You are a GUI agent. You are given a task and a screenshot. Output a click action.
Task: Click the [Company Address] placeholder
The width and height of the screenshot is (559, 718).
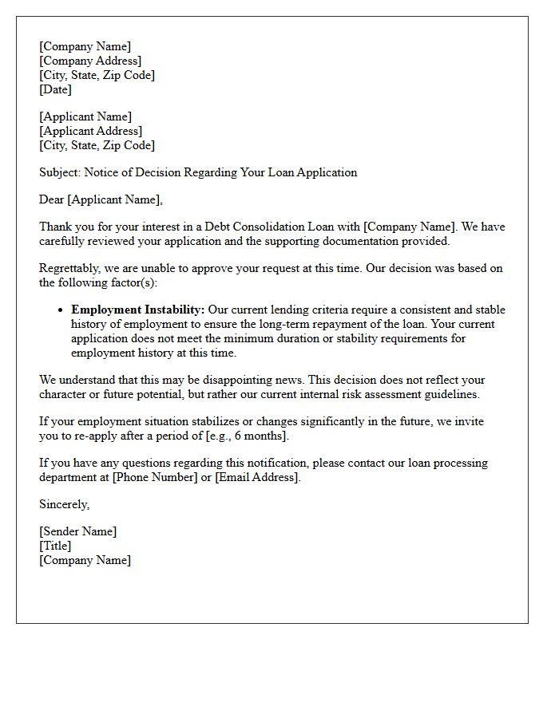coord(90,61)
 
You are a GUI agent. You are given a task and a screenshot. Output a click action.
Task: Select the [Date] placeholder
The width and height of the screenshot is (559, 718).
coord(55,89)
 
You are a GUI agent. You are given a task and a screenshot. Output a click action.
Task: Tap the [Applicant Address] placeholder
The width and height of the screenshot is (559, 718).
coord(90,131)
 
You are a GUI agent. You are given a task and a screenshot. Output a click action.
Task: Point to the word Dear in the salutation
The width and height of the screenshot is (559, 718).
coord(52,199)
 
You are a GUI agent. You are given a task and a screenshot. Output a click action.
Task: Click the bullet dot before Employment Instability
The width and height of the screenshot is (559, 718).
coord(61,310)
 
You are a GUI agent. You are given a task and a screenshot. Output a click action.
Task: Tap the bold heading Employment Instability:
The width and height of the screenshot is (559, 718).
coord(138,310)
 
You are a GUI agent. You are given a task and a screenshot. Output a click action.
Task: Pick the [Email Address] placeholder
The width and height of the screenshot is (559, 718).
coord(258,477)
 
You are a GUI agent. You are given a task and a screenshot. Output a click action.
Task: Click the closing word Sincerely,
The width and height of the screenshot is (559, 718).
coord(65,504)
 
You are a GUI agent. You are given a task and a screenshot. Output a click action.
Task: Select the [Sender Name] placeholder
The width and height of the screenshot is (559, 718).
coord(77,531)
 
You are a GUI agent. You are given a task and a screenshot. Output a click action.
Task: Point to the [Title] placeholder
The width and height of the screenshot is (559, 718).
coord(55,546)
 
